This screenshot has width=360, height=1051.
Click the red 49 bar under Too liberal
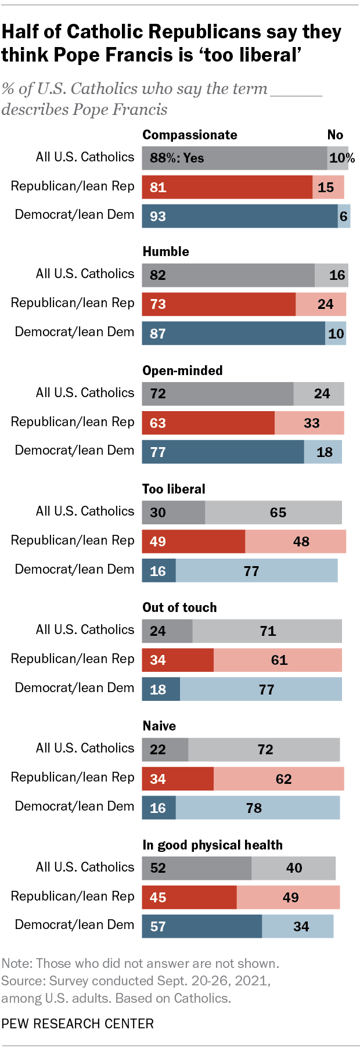pyautogui.click(x=193, y=541)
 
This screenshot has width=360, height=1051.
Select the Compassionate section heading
pyautogui.click(x=190, y=135)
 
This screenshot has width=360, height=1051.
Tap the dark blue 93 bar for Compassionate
pyautogui.click(x=239, y=216)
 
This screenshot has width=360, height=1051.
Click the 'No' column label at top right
pyautogui.click(x=335, y=135)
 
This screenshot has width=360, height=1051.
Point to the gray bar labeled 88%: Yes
pyautogui.click(x=234, y=158)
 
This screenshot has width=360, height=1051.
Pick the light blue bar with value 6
pyautogui.click(x=344, y=216)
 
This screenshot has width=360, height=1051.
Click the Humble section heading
pyautogui.click(x=165, y=251)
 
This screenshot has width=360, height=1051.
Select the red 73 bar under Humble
pyautogui.click(x=218, y=304)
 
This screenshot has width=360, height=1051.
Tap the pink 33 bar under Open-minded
pyautogui.click(x=309, y=423)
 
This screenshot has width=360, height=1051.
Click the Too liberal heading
pyautogui.click(x=174, y=489)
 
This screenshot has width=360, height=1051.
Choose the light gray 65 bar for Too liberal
pyautogui.click(x=273, y=512)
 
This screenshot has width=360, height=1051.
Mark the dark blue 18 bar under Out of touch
pyautogui.click(x=161, y=689)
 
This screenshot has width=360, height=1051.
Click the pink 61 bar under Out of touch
pyautogui.click(x=278, y=660)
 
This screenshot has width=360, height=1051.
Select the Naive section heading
pyautogui.click(x=159, y=726)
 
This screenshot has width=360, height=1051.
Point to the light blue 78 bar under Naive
pyautogui.click(x=257, y=808)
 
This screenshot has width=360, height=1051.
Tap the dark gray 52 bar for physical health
pyautogui.click(x=196, y=868)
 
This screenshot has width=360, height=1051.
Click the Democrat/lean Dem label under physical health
pyautogui.click(x=74, y=924)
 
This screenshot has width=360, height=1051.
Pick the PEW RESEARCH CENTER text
pyautogui.click(x=77, y=1024)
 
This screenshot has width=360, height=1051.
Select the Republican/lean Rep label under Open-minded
pyautogui.click(x=73, y=422)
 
